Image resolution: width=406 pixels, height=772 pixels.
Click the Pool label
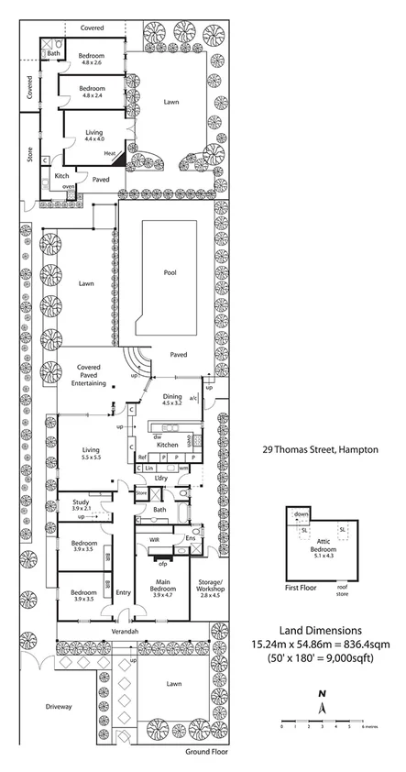pos(170,272)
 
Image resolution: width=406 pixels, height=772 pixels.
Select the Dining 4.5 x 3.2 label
pos(172,399)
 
